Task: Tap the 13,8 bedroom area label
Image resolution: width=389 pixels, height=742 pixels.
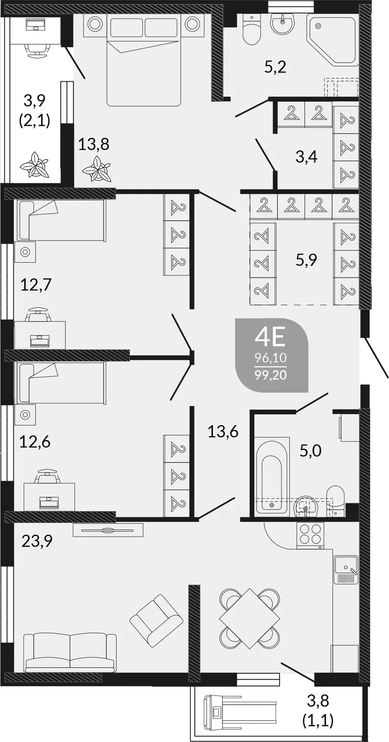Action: (94, 144)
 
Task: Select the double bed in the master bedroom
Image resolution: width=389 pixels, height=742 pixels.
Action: (144, 61)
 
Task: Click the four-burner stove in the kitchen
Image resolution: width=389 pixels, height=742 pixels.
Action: (310, 535)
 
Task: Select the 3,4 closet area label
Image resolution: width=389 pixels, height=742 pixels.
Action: (306, 157)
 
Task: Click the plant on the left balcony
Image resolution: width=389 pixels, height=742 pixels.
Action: (34, 165)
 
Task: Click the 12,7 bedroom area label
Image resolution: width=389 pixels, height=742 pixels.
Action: (36, 285)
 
